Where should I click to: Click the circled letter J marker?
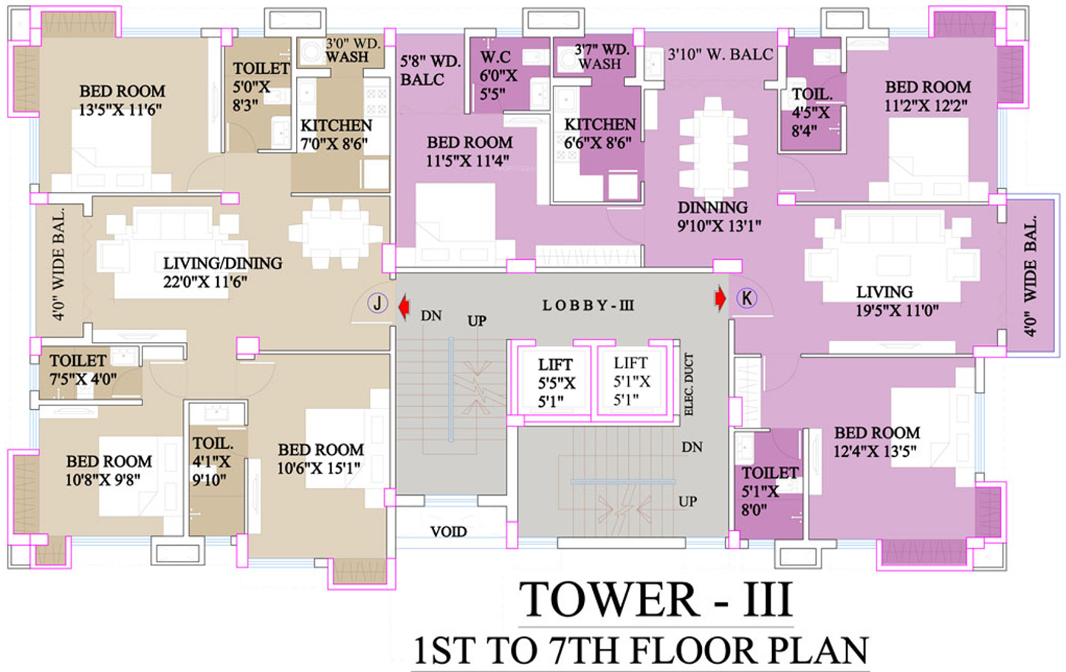377,303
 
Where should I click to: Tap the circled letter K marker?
746,298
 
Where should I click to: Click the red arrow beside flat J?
404,305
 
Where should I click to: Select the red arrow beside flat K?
720,298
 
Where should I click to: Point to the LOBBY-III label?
588,305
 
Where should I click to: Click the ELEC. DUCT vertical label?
689,385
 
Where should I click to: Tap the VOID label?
448,532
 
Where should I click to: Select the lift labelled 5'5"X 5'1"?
556,382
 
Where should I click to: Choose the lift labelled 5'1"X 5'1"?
631,381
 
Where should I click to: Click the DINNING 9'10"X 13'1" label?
718,217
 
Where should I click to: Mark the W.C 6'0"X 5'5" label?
498,75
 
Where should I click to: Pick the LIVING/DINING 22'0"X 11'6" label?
222,272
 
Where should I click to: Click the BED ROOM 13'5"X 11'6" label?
122,100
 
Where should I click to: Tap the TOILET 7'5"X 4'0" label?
81,370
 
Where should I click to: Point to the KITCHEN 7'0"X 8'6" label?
336,134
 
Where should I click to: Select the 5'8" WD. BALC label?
430,70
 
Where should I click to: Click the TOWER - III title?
655,600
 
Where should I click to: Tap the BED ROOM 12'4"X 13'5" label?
877,441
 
